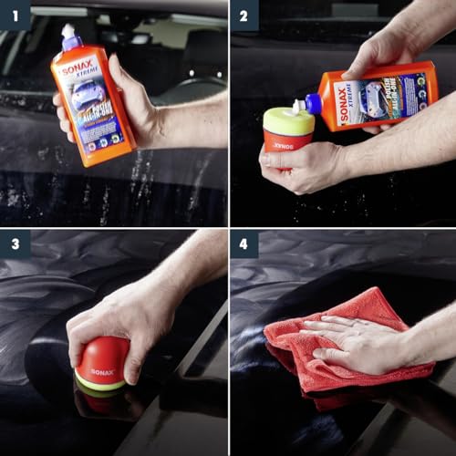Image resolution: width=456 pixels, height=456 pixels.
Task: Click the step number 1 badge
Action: point(15,15)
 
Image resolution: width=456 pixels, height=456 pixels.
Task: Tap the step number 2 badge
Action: point(244,15)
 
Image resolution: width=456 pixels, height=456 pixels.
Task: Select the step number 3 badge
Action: point(15,244)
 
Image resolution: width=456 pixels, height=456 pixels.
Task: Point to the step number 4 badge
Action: point(244,244)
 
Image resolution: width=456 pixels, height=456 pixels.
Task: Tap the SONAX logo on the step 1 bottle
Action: point(78,69)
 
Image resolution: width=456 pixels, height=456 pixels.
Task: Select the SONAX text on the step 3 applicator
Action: point(101,372)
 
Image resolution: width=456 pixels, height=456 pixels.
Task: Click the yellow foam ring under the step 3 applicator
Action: point(100,386)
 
